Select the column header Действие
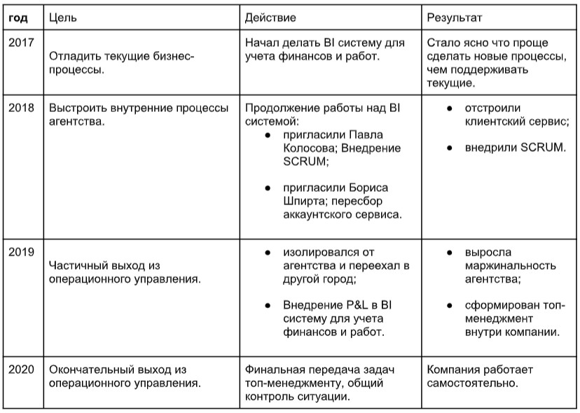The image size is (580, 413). point(270,15)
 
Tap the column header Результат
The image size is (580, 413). point(455,15)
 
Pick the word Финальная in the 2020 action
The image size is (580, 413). point(274,369)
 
